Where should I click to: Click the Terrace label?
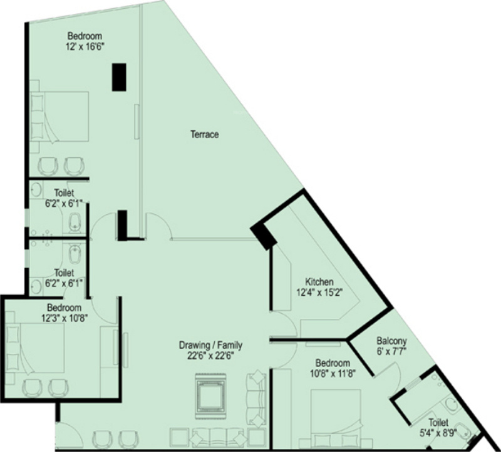click(205, 134)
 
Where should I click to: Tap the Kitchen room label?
click(319, 282)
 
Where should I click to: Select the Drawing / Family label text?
click(210, 345)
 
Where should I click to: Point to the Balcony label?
click(391, 341)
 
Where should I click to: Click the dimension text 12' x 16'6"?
click(85, 47)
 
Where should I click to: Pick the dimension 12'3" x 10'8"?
click(65, 318)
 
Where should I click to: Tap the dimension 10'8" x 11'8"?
click(333, 373)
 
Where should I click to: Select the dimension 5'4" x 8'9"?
click(438, 433)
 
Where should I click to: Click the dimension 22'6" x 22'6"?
click(211, 355)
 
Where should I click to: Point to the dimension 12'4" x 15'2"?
click(319, 292)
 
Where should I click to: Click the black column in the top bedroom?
click(119, 77)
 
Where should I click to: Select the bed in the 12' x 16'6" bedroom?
click(59, 117)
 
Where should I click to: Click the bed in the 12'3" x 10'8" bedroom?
click(36, 348)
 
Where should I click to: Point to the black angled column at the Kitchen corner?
click(263, 236)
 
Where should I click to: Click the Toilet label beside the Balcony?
click(438, 423)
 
